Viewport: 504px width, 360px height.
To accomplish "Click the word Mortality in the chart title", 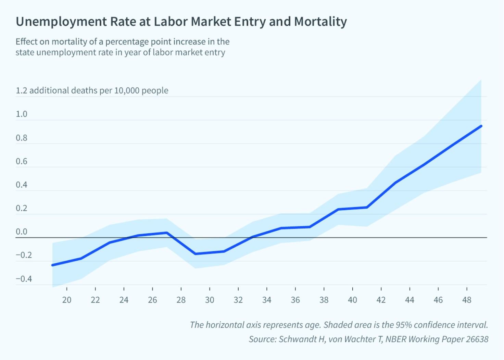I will pyautogui.click(x=320, y=22).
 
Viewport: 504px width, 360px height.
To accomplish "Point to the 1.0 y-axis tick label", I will pyautogui.click(x=22, y=114).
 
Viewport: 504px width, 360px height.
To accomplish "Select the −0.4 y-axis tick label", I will pyautogui.click(x=24, y=279).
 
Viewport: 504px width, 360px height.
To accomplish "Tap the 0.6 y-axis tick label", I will pyautogui.click(x=22, y=161).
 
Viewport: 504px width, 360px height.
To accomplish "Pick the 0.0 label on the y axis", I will pyautogui.click(x=22, y=232).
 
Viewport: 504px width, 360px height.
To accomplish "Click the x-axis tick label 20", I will pyautogui.click(x=67, y=300).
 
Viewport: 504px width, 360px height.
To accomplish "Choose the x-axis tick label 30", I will pyautogui.click(x=210, y=300).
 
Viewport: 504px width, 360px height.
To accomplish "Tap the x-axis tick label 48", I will pyautogui.click(x=467, y=300).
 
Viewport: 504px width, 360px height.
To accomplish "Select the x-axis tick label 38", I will pyautogui.click(x=324, y=300).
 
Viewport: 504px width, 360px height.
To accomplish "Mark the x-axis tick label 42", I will pyautogui.click(x=381, y=300).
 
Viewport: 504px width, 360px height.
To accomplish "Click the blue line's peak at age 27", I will pyautogui.click(x=167, y=233).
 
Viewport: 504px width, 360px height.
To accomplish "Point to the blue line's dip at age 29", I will pyautogui.click(x=195, y=254).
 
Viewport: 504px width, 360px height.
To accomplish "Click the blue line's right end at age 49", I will pyautogui.click(x=481, y=126).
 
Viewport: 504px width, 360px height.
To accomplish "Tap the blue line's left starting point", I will pyautogui.click(x=52, y=265).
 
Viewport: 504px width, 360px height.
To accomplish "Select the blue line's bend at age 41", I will pyautogui.click(x=367, y=207).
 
